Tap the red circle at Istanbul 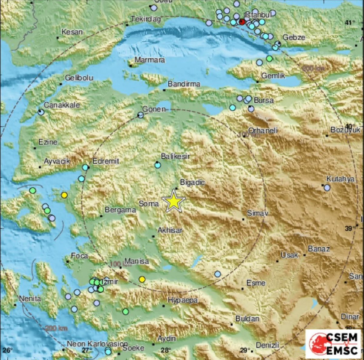[x=242, y=22]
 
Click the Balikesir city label [x=175, y=156]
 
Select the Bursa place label [x=263, y=100]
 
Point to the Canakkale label [x=62, y=105]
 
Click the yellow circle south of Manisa [x=142, y=279]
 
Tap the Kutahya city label [x=340, y=179]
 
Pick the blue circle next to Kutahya [x=327, y=188]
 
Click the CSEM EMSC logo [x=333, y=344]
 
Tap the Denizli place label [x=267, y=345]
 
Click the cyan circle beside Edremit [x=86, y=167]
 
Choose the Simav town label [x=258, y=213]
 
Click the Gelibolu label [x=79, y=78]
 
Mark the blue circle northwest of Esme [x=217, y=274]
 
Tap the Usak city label [x=289, y=255]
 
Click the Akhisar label [x=170, y=230]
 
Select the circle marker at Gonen [x=140, y=115]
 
